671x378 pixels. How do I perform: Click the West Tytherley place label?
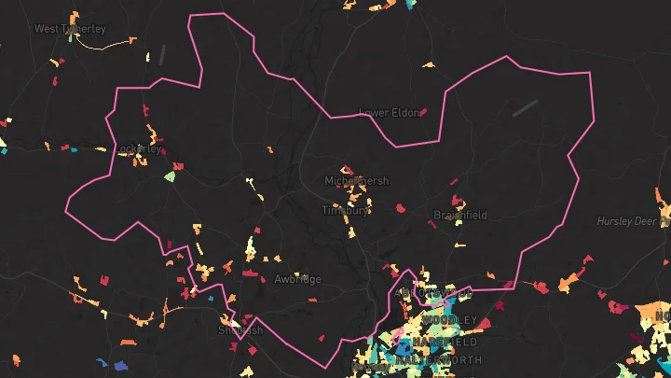70,29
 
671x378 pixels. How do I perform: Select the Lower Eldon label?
389,113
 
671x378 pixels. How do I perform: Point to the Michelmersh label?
356,180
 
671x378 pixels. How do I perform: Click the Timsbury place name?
346,210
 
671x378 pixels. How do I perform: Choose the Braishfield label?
460,215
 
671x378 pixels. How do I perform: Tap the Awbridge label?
297,279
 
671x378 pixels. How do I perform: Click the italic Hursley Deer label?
633,221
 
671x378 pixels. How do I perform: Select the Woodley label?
449,320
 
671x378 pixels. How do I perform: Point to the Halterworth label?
440,359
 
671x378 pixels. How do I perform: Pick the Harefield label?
437,342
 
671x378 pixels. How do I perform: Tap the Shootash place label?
240,330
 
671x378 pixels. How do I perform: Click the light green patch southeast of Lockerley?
170,175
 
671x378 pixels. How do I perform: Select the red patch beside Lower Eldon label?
423,112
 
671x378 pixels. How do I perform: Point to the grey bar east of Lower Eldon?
525,108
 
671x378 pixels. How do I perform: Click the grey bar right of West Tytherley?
163,54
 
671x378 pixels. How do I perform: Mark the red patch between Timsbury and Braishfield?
401,208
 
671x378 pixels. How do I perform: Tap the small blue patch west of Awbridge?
211,299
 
